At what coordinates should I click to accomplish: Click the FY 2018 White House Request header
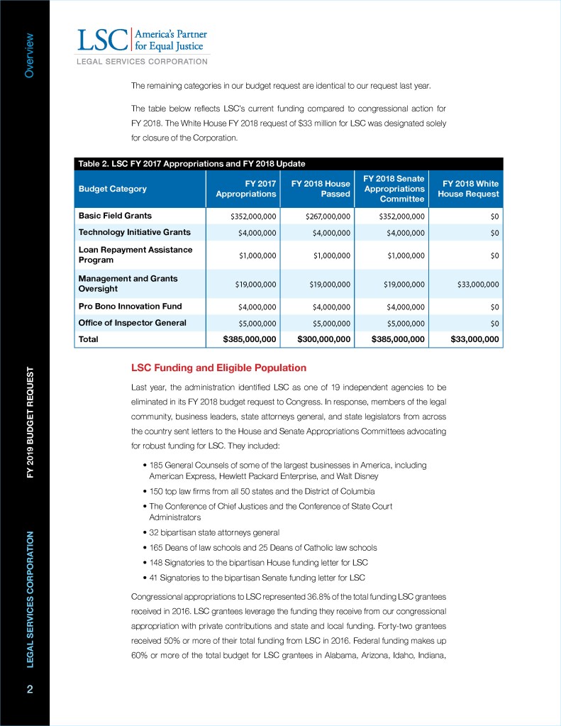pyautogui.click(x=470, y=189)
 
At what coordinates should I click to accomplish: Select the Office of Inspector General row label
pyautogui.click(x=132, y=323)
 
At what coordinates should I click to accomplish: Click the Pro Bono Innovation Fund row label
pyautogui.click(x=130, y=307)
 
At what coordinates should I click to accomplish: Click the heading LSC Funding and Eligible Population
pyautogui.click(x=219, y=368)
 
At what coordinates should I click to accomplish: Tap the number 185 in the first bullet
pyautogui.click(x=156, y=465)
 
